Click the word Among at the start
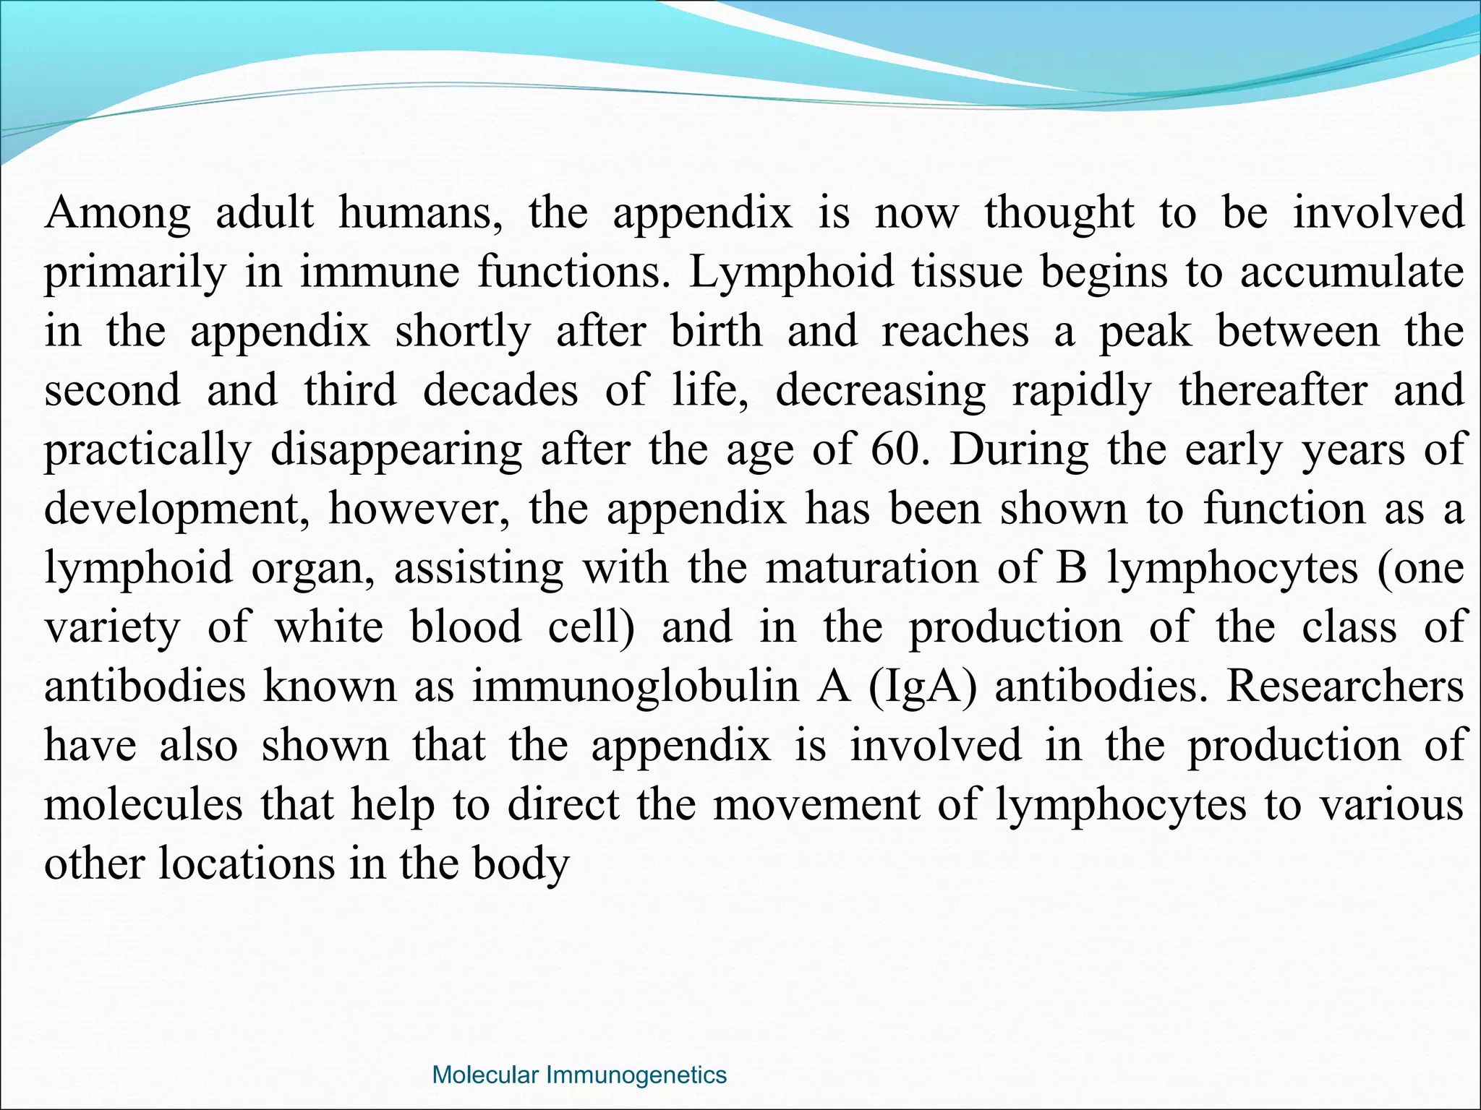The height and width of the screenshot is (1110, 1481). (x=118, y=213)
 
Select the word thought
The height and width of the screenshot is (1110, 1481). (x=1059, y=213)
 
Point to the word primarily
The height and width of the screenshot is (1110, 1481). (x=135, y=273)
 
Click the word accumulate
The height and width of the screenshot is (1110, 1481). (x=1352, y=272)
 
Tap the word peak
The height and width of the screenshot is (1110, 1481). (x=1145, y=332)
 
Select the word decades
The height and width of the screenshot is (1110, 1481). (x=500, y=391)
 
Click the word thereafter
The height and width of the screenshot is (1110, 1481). (x=1273, y=391)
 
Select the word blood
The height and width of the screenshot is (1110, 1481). (x=465, y=627)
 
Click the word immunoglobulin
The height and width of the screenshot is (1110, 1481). (x=636, y=687)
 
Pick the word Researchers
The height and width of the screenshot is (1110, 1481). (x=1345, y=687)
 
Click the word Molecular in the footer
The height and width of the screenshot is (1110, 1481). (x=485, y=1075)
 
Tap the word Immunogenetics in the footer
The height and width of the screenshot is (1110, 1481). (x=636, y=1075)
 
